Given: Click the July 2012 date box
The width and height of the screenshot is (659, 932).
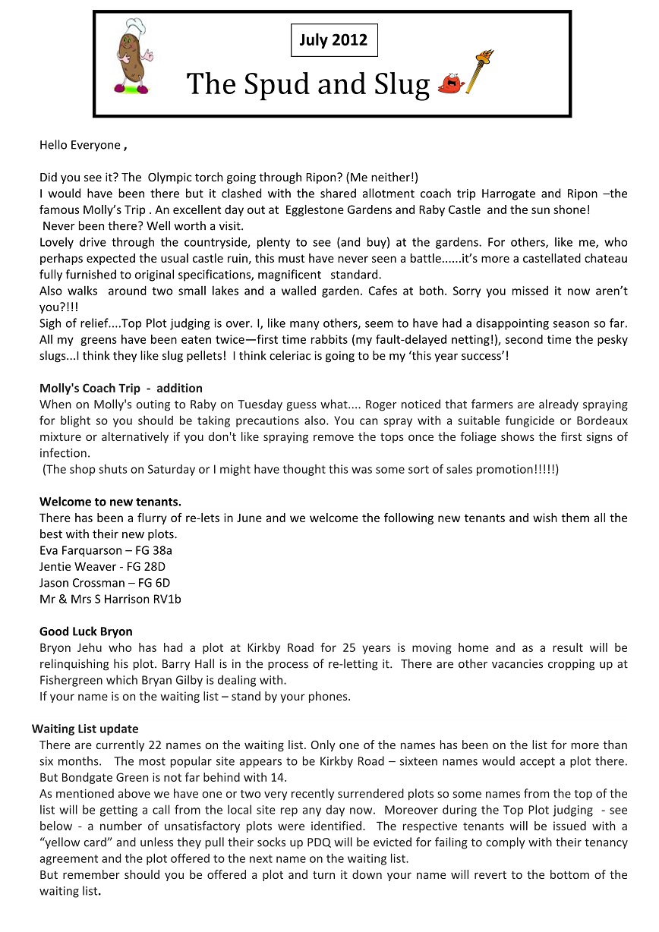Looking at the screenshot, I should coord(333,40).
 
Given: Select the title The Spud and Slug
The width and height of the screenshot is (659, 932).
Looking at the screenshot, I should coord(308,83).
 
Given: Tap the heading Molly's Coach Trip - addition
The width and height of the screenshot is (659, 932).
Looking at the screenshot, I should coord(121,388).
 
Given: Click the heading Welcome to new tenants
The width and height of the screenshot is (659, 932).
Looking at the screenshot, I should coord(110,502).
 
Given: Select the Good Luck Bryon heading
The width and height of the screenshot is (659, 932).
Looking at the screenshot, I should coord(86,631).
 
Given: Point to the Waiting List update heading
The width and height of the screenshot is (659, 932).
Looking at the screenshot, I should coord(85,729).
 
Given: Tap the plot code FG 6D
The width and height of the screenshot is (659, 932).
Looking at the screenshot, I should coord(155,583).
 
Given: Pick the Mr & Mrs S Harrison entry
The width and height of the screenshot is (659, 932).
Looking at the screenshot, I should coord(110,599).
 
